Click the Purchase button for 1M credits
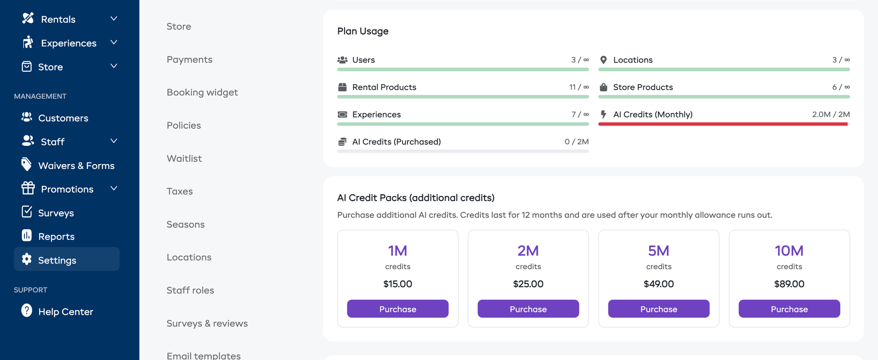(x=398, y=309)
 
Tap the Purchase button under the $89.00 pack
(x=789, y=309)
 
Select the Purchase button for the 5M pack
(x=658, y=309)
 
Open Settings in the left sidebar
(x=57, y=260)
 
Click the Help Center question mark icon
(x=27, y=311)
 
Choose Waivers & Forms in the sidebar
(x=76, y=165)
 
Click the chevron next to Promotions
(x=114, y=188)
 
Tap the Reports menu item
(x=56, y=237)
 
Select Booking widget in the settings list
(x=202, y=92)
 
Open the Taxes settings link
(x=180, y=191)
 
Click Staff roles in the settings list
(x=190, y=290)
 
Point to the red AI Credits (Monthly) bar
(x=723, y=124)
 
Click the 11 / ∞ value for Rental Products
(x=579, y=87)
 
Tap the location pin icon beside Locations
(x=603, y=60)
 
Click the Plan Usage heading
(x=363, y=31)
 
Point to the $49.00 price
(x=658, y=284)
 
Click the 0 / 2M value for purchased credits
(x=577, y=142)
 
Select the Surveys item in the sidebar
(x=56, y=213)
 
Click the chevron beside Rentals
(x=114, y=19)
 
